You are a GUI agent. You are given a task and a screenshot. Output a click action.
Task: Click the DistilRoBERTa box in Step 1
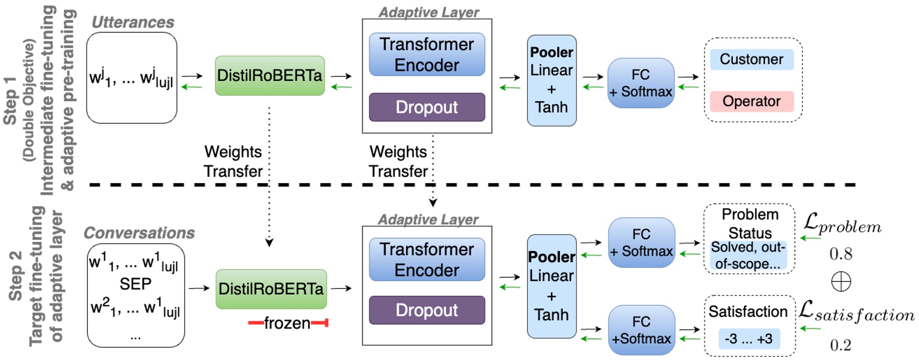pos(270,76)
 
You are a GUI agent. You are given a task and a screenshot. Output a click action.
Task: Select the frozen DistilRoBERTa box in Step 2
pos(271,289)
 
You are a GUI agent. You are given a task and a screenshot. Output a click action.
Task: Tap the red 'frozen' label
pos(287,323)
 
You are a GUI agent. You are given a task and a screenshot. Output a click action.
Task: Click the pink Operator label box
pos(751,101)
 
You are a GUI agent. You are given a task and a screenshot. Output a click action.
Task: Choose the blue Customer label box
pos(751,59)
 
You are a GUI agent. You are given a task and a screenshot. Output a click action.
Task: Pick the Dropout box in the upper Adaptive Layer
pos(426,107)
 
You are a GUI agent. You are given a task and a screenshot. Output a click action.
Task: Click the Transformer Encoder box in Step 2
pos(426,259)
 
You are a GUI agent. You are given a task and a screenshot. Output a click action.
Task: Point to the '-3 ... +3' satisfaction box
pos(749,339)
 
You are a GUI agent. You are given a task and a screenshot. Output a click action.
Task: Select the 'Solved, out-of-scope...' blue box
pos(748,256)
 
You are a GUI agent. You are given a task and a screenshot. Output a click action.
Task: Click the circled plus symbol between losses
pos(841,282)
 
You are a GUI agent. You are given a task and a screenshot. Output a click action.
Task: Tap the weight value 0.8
pos(840,254)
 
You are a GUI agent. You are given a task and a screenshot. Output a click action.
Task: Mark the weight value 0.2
pos(840,345)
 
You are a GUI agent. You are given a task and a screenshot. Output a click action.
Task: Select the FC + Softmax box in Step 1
pos(640,83)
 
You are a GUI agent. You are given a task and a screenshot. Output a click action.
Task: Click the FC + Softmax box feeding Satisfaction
pos(641,330)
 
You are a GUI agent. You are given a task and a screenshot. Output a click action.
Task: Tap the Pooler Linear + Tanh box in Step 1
pos(551,80)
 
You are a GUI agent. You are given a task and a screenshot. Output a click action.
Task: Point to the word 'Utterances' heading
pos(133,22)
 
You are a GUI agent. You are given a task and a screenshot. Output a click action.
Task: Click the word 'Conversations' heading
pos(139,232)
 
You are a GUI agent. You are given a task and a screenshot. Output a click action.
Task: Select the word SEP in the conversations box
pos(135,284)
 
